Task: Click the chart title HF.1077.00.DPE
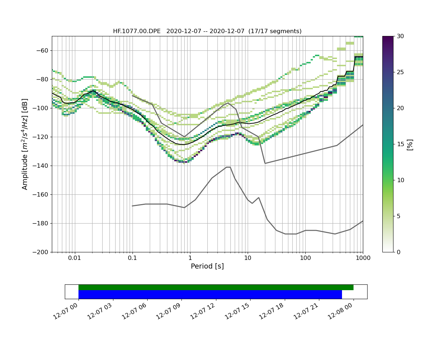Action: [x=207, y=31]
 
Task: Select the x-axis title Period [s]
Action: [x=207, y=266]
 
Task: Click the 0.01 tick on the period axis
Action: [x=75, y=258]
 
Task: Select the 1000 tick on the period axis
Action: [x=363, y=258]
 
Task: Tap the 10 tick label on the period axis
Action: [x=248, y=258]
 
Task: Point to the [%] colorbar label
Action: [x=410, y=144]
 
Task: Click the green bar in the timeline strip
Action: [x=216, y=287]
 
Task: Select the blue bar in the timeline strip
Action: [x=210, y=294]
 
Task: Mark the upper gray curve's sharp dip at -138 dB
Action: [x=265, y=163]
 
